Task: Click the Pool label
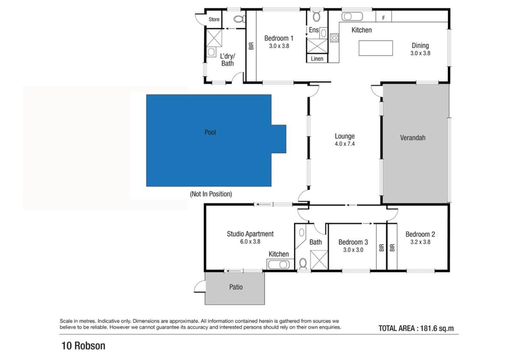coord(210,132)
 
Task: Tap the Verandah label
coord(413,138)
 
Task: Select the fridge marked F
coord(383,17)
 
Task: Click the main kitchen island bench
coord(376,48)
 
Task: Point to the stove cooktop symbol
coord(334,38)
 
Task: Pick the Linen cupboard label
coord(317,59)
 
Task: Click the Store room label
coord(214,20)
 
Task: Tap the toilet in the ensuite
coord(316,17)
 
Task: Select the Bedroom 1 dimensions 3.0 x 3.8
coord(279,46)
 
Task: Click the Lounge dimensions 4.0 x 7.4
coord(345,144)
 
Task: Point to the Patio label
coord(236,287)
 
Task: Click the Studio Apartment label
coord(250,234)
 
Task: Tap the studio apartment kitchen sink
coord(278,264)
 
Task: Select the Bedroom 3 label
coord(353,242)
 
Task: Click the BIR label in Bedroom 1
coord(251,46)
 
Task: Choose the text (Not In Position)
coord(211,194)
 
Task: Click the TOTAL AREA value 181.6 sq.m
coord(437,329)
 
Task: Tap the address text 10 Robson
coord(84,346)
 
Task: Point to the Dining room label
coord(420,45)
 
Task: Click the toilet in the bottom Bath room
coord(303,264)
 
